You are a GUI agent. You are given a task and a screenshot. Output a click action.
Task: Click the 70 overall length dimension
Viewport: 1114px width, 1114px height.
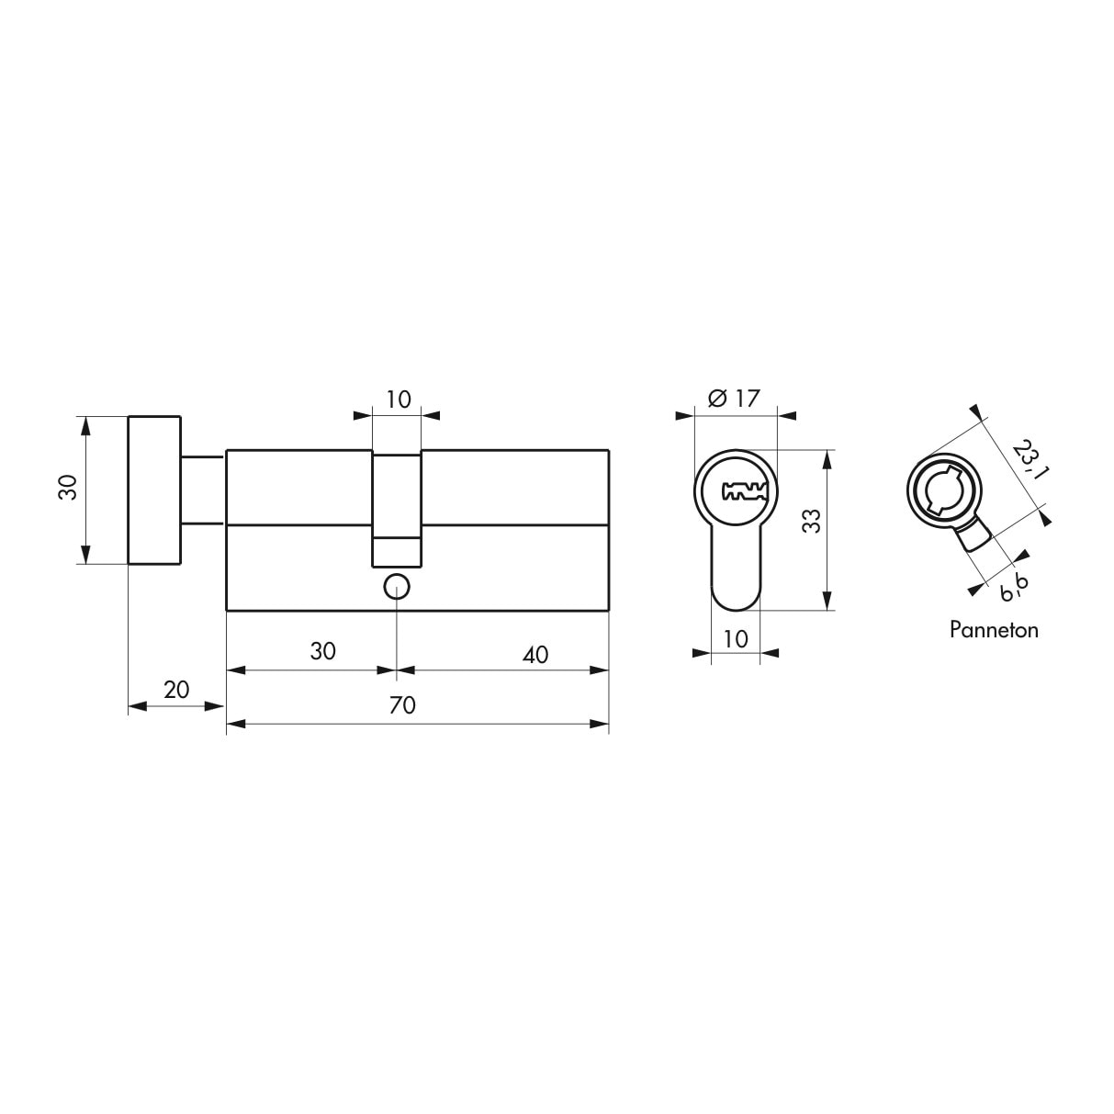pyautogui.click(x=402, y=705)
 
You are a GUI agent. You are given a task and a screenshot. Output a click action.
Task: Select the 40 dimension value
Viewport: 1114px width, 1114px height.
pyautogui.click(x=534, y=654)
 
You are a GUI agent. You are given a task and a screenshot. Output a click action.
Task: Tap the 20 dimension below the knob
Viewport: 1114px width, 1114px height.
pyautogui.click(x=175, y=689)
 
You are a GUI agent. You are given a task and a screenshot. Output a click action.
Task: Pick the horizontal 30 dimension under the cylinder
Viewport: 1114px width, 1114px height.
pyautogui.click(x=322, y=651)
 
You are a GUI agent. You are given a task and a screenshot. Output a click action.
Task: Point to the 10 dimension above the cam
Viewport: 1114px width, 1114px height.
pyautogui.click(x=398, y=399)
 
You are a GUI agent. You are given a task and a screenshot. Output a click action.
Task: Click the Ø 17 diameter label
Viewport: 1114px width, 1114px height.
pyautogui.click(x=735, y=399)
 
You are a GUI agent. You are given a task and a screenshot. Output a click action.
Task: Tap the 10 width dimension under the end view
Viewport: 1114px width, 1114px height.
pyautogui.click(x=736, y=637)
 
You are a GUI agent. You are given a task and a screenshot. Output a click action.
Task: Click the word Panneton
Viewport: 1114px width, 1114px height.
pyautogui.click(x=994, y=630)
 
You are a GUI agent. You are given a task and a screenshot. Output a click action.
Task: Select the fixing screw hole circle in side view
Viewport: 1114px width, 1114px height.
pyautogui.click(x=396, y=585)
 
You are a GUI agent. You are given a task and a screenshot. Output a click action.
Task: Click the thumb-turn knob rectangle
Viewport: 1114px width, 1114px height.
pyautogui.click(x=154, y=489)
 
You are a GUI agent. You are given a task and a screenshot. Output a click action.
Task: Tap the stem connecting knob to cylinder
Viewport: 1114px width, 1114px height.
pyautogui.click(x=203, y=489)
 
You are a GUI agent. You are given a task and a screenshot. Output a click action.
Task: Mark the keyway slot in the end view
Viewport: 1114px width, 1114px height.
pyautogui.click(x=744, y=491)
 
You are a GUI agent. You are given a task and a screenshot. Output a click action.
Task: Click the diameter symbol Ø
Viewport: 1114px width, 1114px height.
pyautogui.click(x=717, y=399)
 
